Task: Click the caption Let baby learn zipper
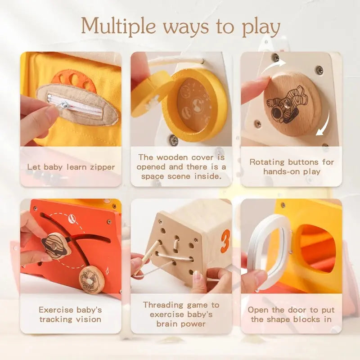click(x=71, y=167)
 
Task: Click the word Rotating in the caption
click(x=268, y=162)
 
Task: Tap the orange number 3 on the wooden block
click(x=225, y=241)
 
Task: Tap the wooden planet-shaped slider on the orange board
click(x=56, y=243)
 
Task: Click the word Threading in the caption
click(x=165, y=305)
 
